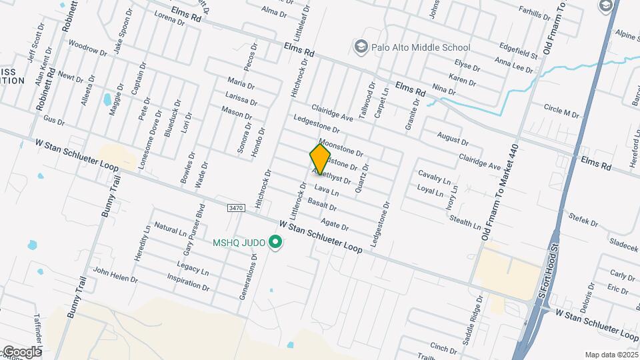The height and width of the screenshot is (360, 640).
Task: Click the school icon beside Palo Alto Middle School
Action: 361,47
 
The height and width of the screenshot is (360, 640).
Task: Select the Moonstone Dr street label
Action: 341,148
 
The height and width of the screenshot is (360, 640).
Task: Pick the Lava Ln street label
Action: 327,191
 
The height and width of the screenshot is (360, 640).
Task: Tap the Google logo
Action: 21,351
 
